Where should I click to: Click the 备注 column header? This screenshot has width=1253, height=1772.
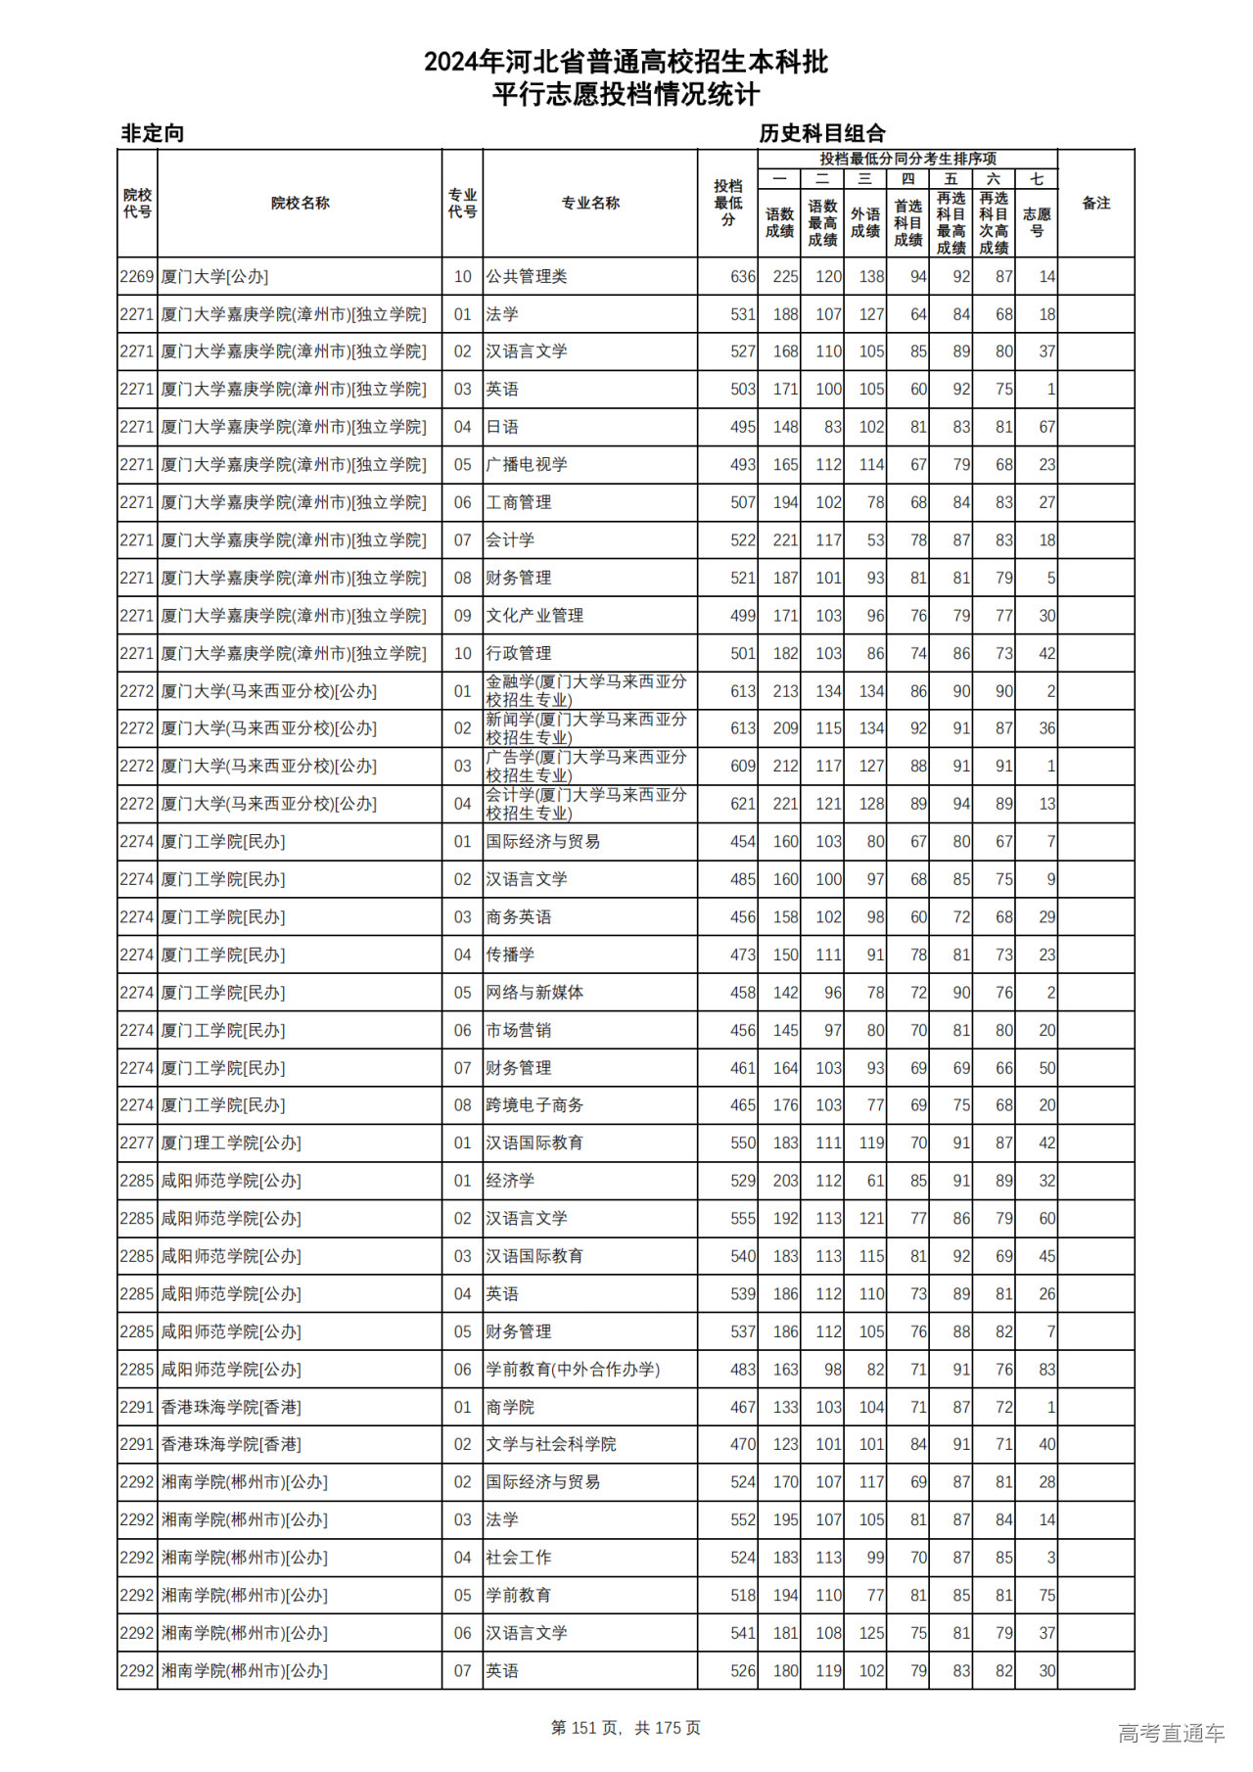1095,203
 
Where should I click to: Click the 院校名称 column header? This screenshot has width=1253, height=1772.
300,203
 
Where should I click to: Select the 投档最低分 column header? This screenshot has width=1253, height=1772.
727,203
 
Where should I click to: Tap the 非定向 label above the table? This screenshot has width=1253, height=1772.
153,133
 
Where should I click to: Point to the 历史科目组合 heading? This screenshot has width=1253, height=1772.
822,133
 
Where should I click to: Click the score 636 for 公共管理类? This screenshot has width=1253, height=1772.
742,277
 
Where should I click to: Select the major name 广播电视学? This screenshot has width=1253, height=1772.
527,465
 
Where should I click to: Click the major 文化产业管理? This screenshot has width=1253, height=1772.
534,616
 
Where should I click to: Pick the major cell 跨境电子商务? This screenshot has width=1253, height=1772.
534,1105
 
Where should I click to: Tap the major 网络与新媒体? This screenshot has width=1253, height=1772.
534,993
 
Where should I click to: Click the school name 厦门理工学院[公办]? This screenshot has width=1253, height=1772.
231,1143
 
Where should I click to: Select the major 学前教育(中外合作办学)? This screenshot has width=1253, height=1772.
573,1370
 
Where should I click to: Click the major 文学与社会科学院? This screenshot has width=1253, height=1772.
551,1445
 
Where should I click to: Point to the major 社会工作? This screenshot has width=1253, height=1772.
519,1558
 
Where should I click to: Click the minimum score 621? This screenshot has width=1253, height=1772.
742,804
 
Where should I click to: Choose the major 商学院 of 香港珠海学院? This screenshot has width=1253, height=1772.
510,1408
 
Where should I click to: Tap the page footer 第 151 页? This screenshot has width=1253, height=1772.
586,1728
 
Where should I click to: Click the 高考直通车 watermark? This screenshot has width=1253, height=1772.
1171,1733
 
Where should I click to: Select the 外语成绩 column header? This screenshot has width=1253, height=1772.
864,222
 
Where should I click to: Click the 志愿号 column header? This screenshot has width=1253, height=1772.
1036,222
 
